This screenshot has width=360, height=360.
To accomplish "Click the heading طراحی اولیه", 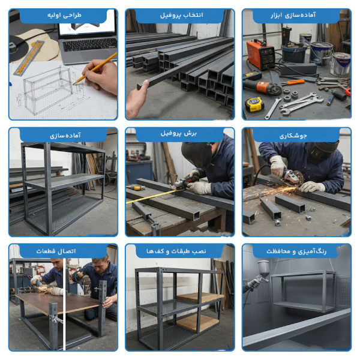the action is [64, 15].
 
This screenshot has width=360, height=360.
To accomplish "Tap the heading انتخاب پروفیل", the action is [182, 15].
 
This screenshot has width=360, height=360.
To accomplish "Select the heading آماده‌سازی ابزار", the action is [293, 15].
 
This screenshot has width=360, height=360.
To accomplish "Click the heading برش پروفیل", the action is [179, 133].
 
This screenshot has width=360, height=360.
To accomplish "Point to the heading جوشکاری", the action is [293, 136].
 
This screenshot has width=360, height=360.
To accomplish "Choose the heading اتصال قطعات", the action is [56, 251].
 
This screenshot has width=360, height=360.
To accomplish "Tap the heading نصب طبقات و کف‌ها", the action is [176, 251].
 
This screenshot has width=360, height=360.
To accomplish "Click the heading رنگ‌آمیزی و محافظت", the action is [296, 251].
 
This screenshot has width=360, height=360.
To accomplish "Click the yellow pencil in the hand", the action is [95, 68].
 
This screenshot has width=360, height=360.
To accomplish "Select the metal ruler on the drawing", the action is [29, 58].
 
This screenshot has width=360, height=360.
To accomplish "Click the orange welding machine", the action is [261, 55].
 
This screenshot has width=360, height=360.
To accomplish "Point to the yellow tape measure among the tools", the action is [254, 104].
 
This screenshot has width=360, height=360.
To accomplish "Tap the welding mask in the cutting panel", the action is [197, 154].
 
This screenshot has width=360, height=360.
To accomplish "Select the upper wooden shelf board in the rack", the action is [199, 298].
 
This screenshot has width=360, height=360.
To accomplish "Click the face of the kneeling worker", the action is [100, 266].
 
